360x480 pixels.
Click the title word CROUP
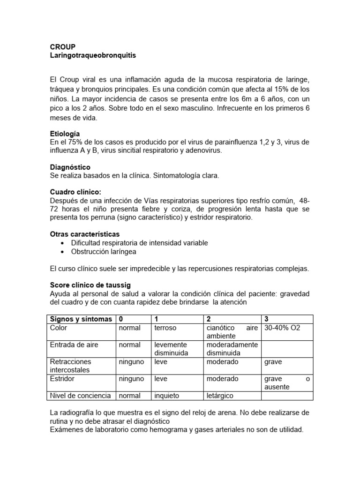pos(62,46)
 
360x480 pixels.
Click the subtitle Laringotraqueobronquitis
pos(93,55)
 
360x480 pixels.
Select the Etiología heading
pos(65,134)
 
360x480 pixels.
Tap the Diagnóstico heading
pos(70,167)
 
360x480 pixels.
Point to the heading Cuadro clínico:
pos(75,192)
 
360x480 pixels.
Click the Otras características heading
pos(85,234)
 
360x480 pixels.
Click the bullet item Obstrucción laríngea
pos(104,252)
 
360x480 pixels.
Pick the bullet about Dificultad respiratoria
pos(139,243)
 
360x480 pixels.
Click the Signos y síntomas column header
pos(81,319)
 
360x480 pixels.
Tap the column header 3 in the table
pos(267,319)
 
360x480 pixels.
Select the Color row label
pos(59,328)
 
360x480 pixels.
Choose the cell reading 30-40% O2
pos(282,328)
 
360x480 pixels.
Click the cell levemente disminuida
pos(172,349)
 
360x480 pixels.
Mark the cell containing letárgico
pos(220,396)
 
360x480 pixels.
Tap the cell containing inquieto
pos(167,396)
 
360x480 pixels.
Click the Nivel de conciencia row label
pos(81,396)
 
